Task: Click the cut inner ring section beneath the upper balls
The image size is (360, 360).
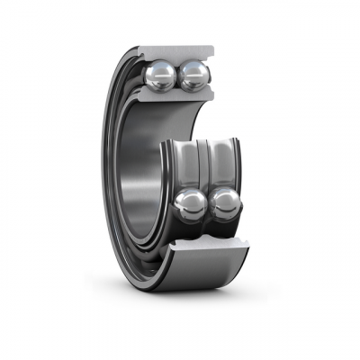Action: point(176,97)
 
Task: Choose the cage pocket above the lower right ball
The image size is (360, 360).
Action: point(223,166)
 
